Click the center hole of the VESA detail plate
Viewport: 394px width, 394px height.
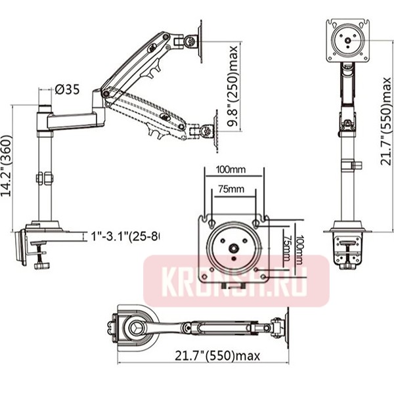[234, 248]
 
